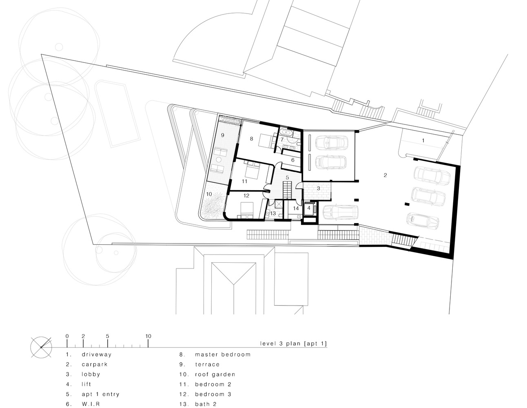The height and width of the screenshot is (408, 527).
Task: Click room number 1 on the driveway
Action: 423,140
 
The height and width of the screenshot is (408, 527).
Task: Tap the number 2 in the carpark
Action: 385,175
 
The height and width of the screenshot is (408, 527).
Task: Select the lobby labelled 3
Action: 319,188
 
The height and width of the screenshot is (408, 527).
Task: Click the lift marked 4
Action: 309,208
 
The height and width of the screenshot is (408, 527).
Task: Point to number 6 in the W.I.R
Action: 292,160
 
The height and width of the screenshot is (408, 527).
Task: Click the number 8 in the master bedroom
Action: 251,139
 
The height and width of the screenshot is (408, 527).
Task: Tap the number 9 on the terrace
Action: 223,135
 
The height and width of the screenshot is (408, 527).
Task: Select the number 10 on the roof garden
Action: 209,194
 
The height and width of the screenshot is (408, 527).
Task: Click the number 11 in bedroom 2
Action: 244,181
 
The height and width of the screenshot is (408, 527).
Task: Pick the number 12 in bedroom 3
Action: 246,195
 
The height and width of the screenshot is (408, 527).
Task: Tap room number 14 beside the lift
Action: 296,208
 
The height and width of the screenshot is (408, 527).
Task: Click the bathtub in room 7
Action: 287,133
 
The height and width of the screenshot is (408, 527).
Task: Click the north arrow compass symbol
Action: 41,348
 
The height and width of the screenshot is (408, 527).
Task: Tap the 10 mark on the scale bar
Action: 148,337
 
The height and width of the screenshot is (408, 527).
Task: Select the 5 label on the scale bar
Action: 107,337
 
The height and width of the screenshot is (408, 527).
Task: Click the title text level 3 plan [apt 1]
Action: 294,344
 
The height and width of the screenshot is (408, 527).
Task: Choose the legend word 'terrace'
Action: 207,364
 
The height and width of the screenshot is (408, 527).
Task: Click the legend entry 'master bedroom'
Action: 222,355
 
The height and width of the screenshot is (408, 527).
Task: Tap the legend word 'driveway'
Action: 96,355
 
